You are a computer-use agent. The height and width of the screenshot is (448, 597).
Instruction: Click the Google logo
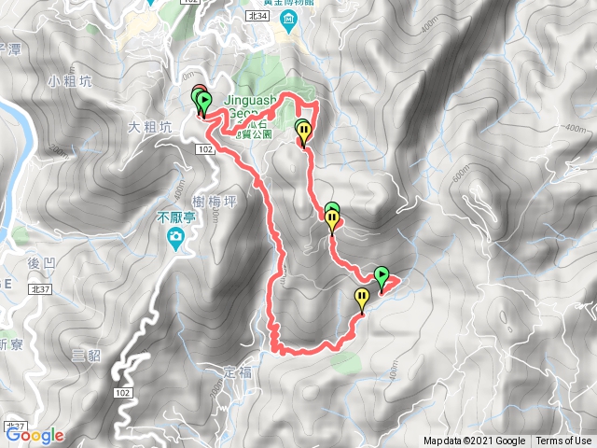[35, 435]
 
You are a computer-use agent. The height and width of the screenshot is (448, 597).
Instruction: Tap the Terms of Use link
[563, 441]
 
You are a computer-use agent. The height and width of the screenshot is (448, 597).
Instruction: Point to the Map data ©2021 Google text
[474, 441]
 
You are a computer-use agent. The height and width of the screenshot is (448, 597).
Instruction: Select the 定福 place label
[239, 371]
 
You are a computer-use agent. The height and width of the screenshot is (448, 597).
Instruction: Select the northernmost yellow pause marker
[303, 131]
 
